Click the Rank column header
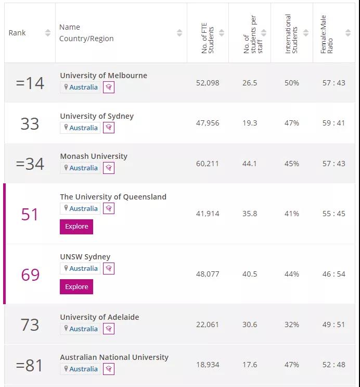(x=17, y=33)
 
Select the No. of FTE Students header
(x=208, y=33)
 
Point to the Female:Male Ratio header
(x=327, y=33)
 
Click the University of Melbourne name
(x=104, y=76)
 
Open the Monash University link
(x=94, y=156)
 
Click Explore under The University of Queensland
(x=76, y=227)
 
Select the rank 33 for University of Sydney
(x=30, y=123)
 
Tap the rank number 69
(x=30, y=274)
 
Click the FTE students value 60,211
(x=208, y=164)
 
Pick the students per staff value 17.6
(x=250, y=365)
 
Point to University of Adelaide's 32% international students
(x=292, y=324)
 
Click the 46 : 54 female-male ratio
(x=333, y=274)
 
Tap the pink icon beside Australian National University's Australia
(x=108, y=369)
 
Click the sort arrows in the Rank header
(x=48, y=33)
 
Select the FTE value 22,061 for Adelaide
(x=208, y=324)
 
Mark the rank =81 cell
(x=30, y=365)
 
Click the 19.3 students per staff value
(x=250, y=123)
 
